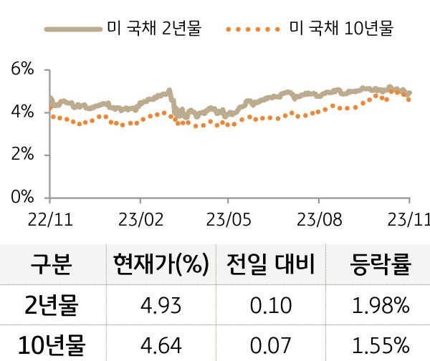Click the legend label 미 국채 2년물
click(153, 29)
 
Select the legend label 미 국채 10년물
click(341, 29)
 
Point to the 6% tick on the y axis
click(23, 69)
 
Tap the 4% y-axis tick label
click(23, 112)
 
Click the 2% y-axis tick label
click(23, 155)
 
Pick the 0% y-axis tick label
click(23, 197)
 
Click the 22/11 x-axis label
click(50, 217)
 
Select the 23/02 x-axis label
click(139, 217)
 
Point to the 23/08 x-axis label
click(317, 217)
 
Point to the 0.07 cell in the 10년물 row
click(272, 347)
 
